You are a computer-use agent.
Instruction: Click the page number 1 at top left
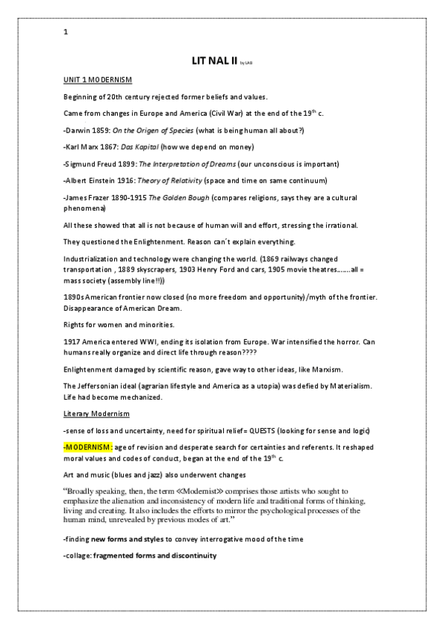pos(66,32)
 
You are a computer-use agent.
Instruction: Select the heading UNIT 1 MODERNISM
pos(99,79)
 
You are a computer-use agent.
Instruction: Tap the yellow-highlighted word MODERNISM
pos(90,449)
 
